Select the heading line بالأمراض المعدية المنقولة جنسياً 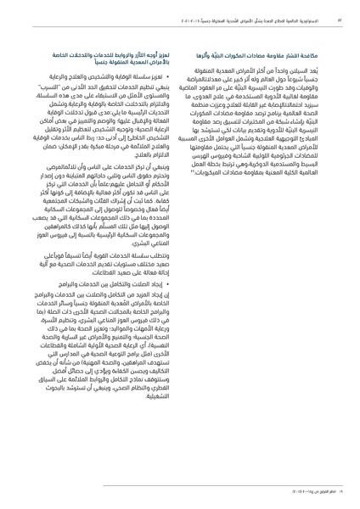(119, 63)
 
